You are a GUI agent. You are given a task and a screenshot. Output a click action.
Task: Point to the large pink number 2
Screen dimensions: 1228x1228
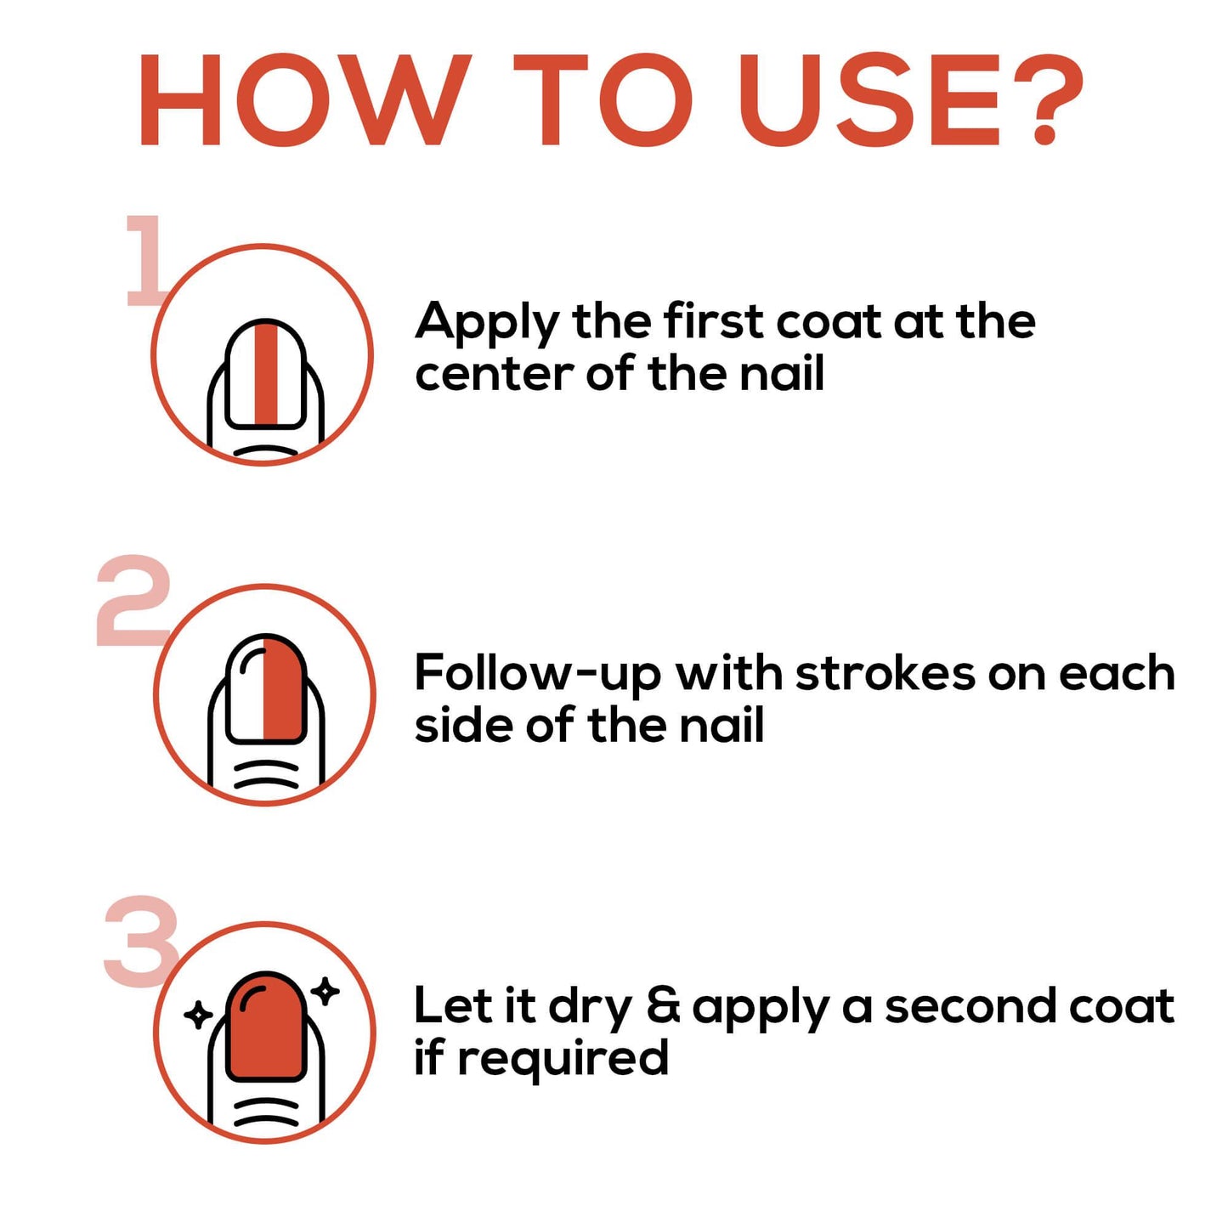click(x=133, y=600)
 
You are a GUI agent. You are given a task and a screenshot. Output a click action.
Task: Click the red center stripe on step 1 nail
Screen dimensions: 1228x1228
click(x=266, y=375)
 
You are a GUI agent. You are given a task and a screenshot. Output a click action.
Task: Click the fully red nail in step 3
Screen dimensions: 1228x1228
click(x=266, y=1027)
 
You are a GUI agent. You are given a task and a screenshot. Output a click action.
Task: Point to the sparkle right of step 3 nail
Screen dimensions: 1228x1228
click(x=325, y=991)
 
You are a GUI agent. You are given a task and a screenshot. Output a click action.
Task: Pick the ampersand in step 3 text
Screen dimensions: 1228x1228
click(x=664, y=1008)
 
